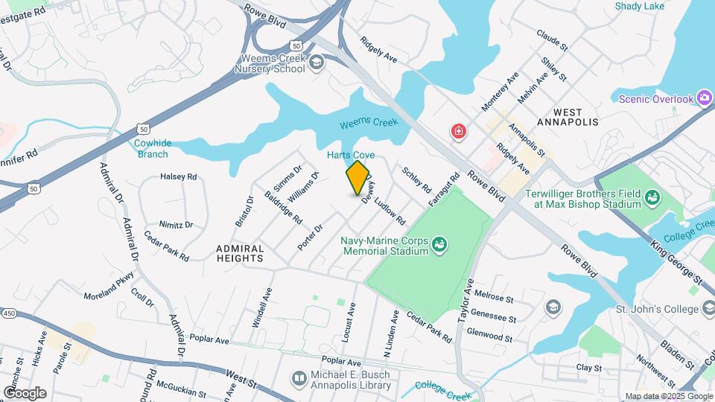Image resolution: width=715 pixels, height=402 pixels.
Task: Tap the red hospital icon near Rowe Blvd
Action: coord(459,132)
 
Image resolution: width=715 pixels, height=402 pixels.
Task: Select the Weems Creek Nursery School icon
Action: coord(317,62)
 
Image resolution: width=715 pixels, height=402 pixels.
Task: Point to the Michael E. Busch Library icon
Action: coord(299,379)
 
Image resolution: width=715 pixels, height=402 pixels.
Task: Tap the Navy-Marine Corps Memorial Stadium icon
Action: coord(439,243)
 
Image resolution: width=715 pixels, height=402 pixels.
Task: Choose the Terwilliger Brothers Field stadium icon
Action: coord(653,197)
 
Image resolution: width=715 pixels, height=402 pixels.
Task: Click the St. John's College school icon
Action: coord(553,307)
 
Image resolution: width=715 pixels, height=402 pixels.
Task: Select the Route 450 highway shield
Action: coord(7,312)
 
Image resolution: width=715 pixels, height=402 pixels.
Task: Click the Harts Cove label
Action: coord(351,155)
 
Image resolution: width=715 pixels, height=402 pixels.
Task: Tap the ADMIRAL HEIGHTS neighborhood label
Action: coord(240,253)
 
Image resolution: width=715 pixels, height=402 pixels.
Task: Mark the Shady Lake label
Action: coord(639,7)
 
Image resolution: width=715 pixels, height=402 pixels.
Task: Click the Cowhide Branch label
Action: coord(152,149)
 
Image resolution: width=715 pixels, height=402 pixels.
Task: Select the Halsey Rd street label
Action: coord(179,177)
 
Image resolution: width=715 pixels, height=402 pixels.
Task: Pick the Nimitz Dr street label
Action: coord(176,224)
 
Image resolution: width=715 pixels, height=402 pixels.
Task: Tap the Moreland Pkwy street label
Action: coord(109,285)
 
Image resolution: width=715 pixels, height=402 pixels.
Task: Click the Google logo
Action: coord(25,393)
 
